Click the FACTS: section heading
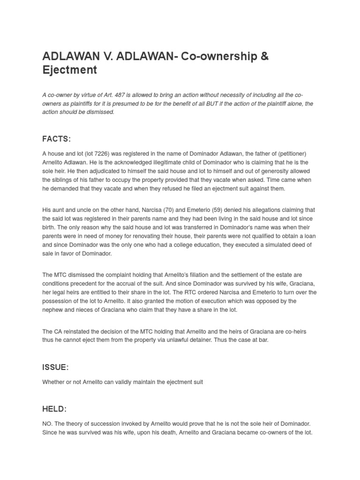click(x=56, y=139)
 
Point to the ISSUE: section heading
click(x=55, y=367)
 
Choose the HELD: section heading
click(x=54, y=409)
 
